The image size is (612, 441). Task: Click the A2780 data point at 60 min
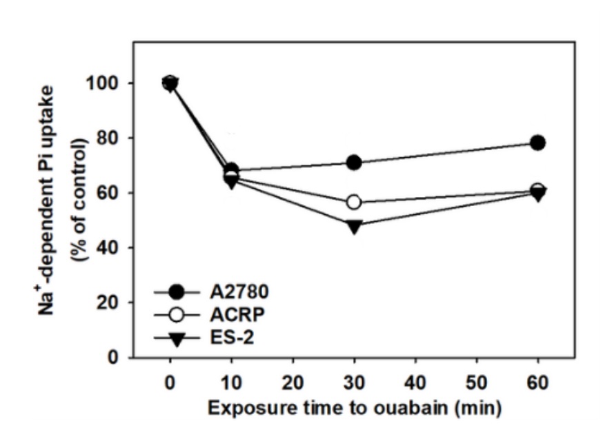tap(538, 143)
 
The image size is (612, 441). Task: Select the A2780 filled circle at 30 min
tap(354, 163)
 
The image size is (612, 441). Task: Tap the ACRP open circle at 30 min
tap(354, 202)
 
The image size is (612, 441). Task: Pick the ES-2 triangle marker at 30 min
tap(354, 226)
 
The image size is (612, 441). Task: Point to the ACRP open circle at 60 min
tap(538, 190)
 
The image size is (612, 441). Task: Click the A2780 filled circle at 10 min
tap(231, 170)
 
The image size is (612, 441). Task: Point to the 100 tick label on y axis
tap(102, 83)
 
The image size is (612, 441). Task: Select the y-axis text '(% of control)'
tap(82, 192)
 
